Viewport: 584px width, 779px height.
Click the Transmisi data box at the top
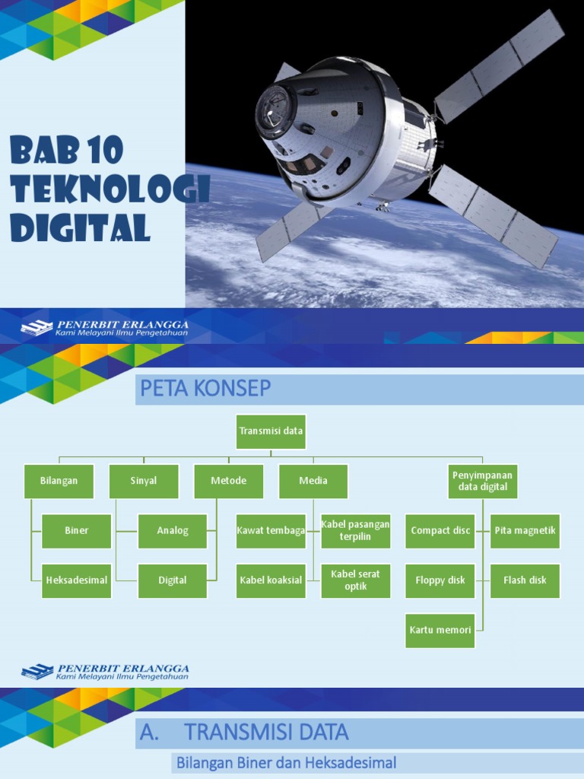[x=271, y=431]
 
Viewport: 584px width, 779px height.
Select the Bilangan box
[x=59, y=481]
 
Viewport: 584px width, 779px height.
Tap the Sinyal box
[x=144, y=481]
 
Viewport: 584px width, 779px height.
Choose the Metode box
[x=229, y=481]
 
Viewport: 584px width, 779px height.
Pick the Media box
[x=313, y=481]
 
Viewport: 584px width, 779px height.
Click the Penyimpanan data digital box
[x=483, y=481]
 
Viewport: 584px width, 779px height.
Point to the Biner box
[x=76, y=530]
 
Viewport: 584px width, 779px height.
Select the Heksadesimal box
[x=76, y=580]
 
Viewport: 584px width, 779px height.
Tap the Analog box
[x=173, y=530]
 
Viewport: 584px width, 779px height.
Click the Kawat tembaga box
[x=271, y=530]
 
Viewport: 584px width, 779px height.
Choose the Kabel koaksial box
[x=271, y=580]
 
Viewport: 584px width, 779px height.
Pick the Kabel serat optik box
[x=356, y=580]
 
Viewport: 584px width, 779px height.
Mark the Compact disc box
[x=440, y=530]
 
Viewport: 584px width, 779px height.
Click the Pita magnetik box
[x=525, y=530]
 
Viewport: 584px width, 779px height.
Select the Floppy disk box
[x=440, y=580]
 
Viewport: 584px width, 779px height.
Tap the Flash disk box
[x=525, y=580]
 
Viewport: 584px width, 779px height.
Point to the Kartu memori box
[x=440, y=630]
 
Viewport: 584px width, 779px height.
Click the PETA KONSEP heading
[x=205, y=389]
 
